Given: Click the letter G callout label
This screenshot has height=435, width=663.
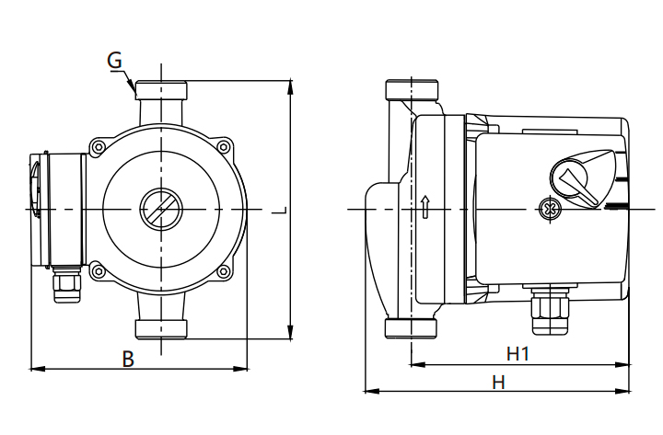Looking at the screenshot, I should [x=114, y=61].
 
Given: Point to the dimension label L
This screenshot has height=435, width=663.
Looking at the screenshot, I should [x=281, y=210].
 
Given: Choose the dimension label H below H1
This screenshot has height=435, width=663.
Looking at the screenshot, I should [x=498, y=381].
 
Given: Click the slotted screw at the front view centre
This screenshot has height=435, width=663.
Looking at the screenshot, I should [x=161, y=210].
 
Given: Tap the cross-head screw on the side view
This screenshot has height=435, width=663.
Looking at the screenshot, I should [x=550, y=210].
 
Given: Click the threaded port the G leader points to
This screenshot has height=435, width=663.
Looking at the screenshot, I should [x=161, y=91].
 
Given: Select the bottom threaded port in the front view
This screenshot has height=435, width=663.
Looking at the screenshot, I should [x=161, y=328].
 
